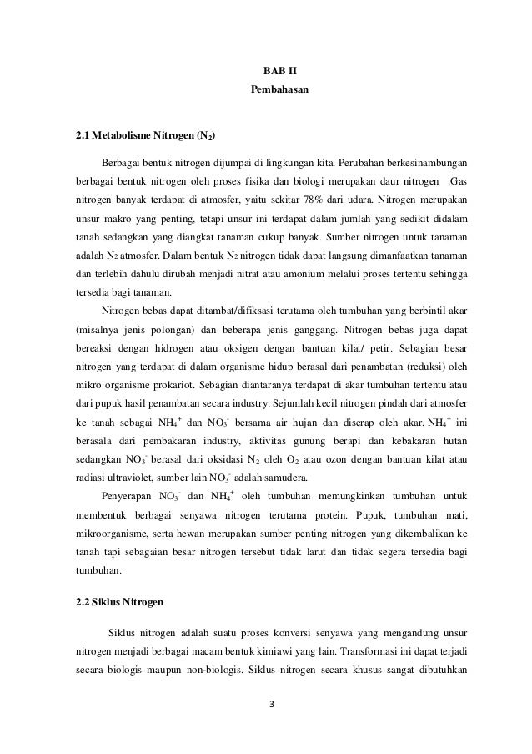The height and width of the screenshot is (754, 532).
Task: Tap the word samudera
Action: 260,478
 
